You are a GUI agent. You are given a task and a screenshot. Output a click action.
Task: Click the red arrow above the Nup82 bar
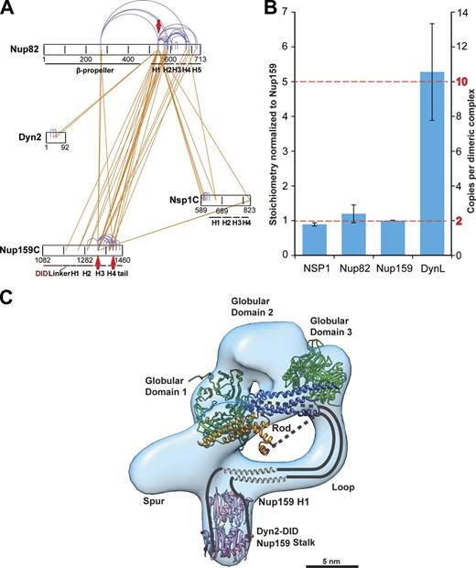coord(159,27)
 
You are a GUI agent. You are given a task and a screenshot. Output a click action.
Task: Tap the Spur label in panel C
coord(157,503)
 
